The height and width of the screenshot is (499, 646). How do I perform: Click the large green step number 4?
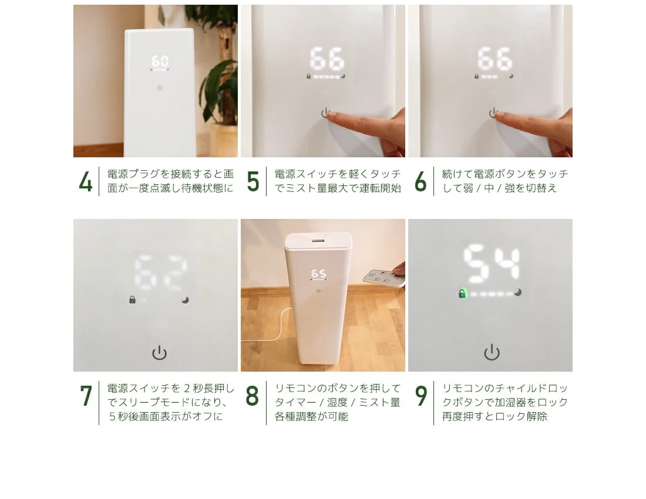coord(86,181)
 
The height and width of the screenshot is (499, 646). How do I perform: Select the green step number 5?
coord(253,181)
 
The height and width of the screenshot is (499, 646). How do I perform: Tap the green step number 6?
coord(420,181)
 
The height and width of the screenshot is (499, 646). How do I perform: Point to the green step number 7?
coord(86,396)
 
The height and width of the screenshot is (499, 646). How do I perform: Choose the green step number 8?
coord(252,396)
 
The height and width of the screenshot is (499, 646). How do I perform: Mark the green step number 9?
coord(420,396)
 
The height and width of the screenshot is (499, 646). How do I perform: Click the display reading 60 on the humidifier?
coord(160,61)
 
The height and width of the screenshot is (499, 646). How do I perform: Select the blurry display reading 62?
coord(161,273)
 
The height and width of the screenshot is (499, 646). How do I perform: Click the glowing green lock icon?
coord(463,294)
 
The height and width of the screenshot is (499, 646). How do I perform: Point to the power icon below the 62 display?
coord(159,353)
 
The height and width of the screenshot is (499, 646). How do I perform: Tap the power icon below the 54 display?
coord(492,352)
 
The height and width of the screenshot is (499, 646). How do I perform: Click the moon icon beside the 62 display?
coord(186,300)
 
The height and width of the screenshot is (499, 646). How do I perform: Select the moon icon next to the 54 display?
coord(518,292)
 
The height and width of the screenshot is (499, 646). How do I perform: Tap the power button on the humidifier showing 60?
coord(160,87)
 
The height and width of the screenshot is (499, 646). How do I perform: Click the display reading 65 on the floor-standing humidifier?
coord(318,274)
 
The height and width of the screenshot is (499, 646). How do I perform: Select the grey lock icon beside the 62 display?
coord(132,300)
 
